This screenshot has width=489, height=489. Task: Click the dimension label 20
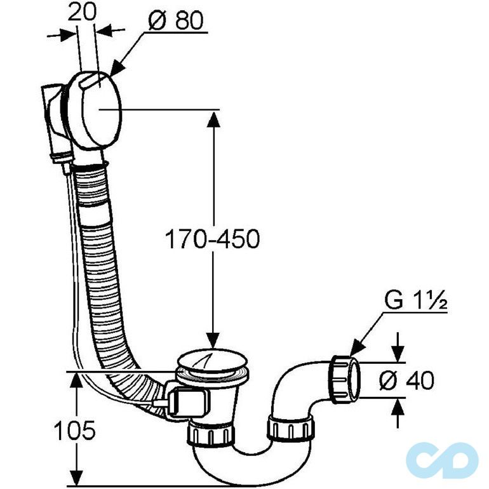[81, 13]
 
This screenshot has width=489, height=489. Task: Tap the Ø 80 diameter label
[176, 21]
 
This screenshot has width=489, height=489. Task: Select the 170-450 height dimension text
[212, 239]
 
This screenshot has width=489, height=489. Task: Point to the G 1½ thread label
[416, 300]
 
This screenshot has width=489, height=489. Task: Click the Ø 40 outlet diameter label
[406, 380]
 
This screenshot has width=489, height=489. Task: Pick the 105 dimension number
[74, 430]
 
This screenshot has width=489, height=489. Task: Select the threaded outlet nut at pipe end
[345, 379]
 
